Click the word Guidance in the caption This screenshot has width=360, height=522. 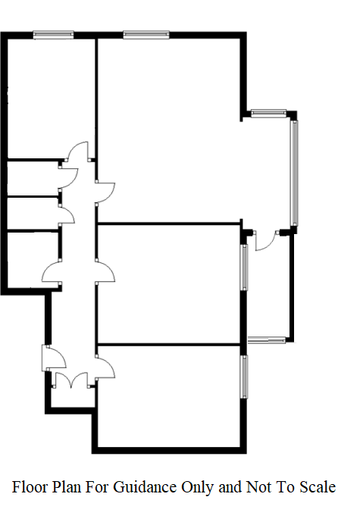click(x=145, y=487)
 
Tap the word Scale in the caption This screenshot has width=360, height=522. click(x=318, y=487)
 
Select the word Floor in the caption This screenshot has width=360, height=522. click(x=29, y=487)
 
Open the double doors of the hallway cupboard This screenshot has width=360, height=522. click(x=71, y=380)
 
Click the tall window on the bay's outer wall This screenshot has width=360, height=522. click(x=294, y=173)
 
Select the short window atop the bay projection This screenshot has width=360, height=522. click(x=268, y=114)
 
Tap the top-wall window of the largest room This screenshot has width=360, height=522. click(x=146, y=35)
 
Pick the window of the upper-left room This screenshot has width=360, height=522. click(x=53, y=35)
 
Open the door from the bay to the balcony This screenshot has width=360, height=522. click(x=266, y=240)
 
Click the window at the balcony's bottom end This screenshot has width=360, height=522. click(x=267, y=340)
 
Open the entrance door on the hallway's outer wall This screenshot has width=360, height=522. click(x=53, y=358)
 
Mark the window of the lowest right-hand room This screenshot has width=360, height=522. click(x=245, y=377)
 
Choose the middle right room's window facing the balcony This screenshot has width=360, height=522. click(x=245, y=267)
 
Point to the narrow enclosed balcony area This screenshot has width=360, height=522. click(x=269, y=286)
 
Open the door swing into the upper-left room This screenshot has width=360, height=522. click(x=77, y=152)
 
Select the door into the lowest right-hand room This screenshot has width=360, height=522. click(x=105, y=367)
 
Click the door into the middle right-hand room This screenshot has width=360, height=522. click(x=105, y=272)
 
